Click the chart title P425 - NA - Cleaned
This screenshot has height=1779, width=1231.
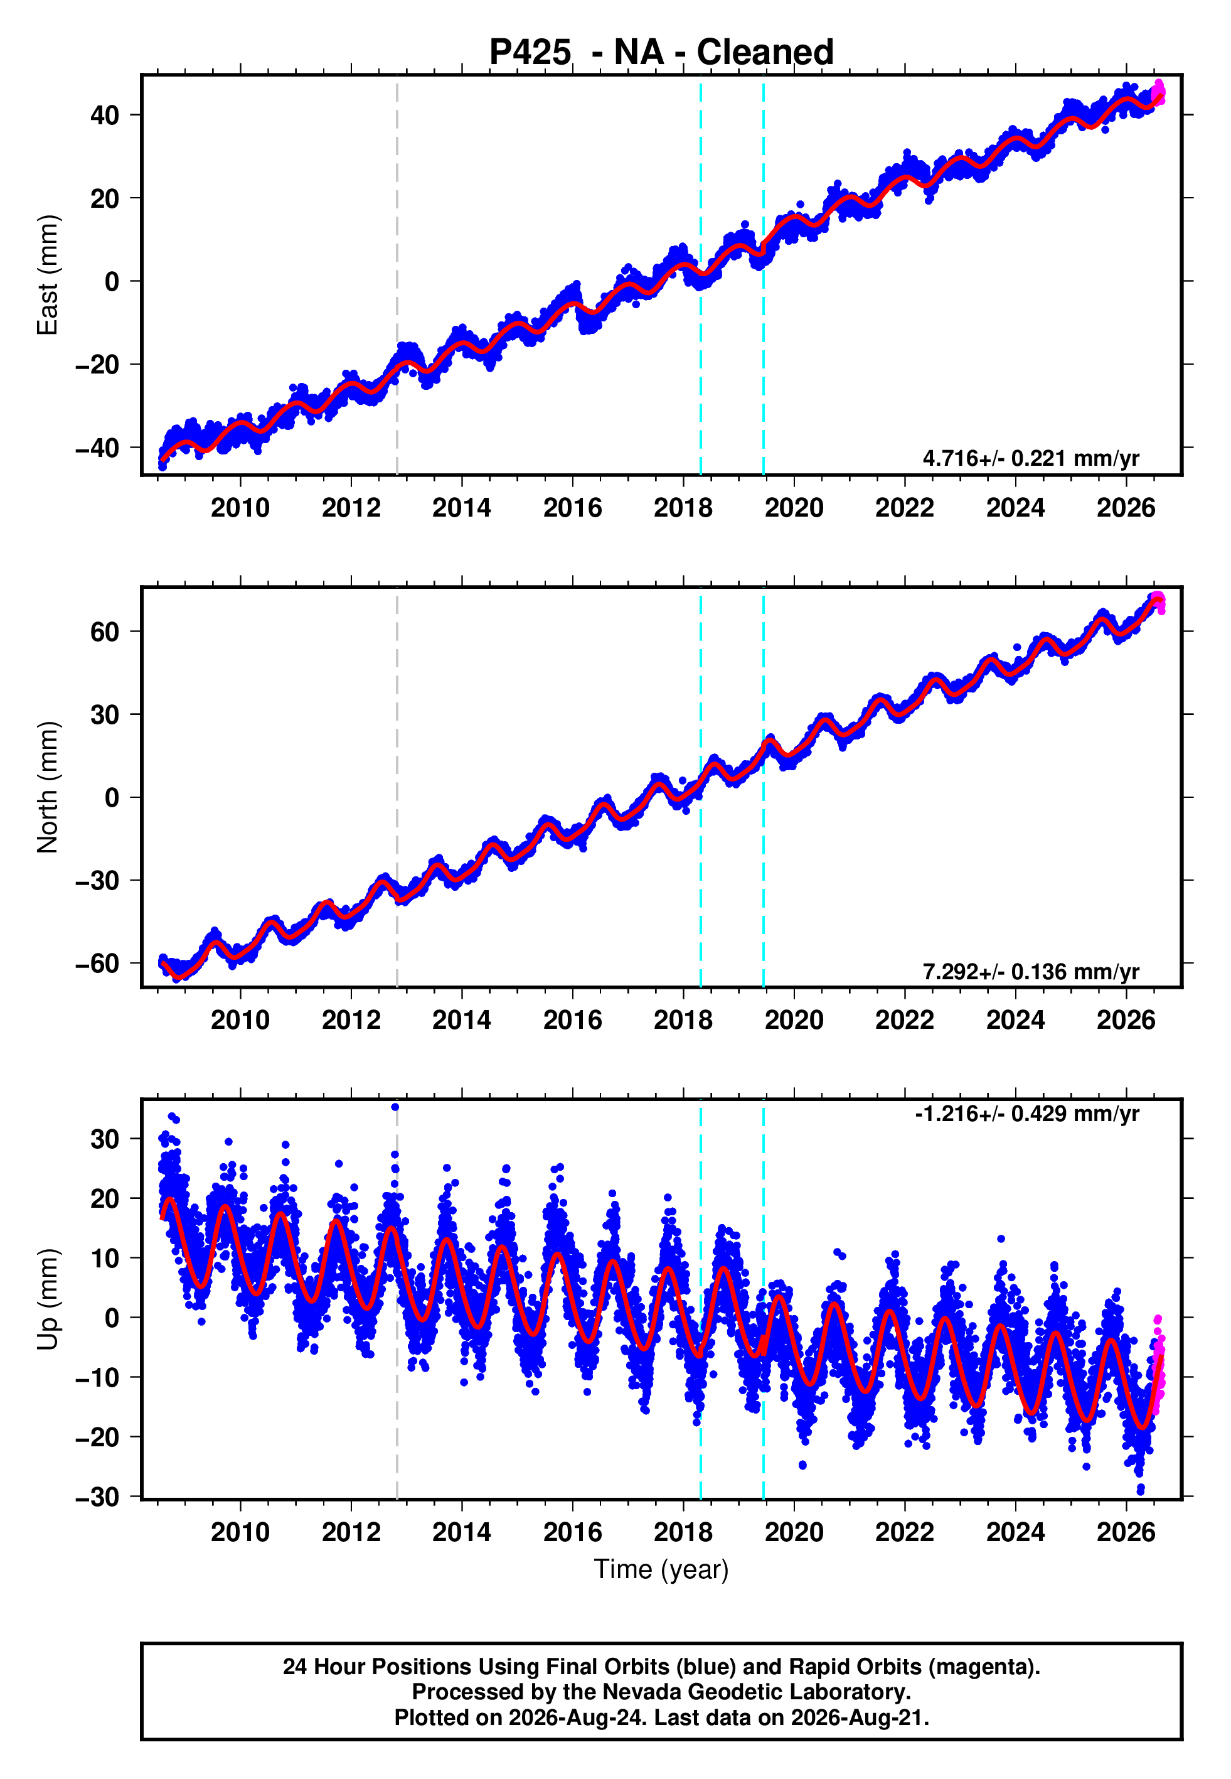pyautogui.click(x=661, y=53)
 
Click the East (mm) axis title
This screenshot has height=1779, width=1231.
pyautogui.click(x=48, y=275)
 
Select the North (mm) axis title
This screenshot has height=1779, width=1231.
pyautogui.click(x=48, y=787)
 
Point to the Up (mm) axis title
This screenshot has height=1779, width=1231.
pyautogui.click(x=48, y=1299)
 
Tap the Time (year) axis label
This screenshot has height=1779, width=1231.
pyautogui.click(x=661, y=1570)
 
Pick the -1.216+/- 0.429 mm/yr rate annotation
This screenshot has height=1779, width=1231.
pyautogui.click(x=1026, y=1113)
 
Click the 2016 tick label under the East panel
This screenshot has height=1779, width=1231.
pyautogui.click(x=572, y=508)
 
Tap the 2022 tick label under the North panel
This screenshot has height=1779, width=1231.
pyautogui.click(x=904, y=1020)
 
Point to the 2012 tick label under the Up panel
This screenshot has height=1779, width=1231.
pyautogui.click(x=351, y=1532)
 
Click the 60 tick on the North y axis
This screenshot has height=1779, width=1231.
pyautogui.click(x=105, y=632)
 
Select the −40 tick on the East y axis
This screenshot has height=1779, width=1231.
pyautogui.click(x=97, y=448)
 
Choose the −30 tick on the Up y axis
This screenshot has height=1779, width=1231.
pyautogui.click(x=97, y=1497)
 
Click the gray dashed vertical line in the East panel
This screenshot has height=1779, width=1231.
pyautogui.click(x=397, y=275)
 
